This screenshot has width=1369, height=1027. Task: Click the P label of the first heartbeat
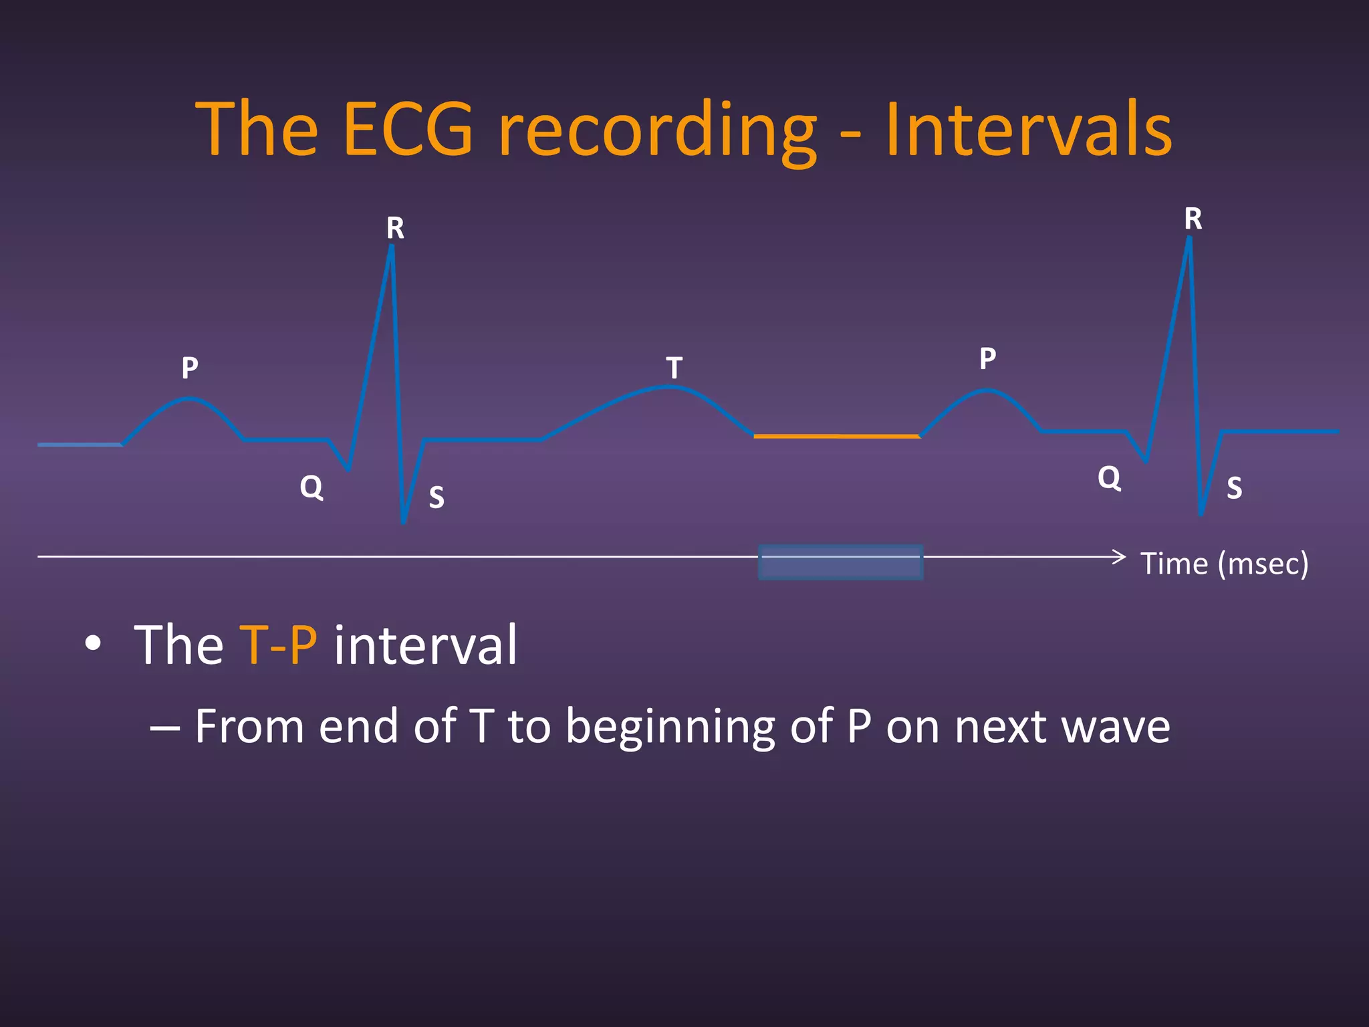pyautogui.click(x=190, y=368)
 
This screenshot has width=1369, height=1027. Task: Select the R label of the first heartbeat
pyautogui.click(x=395, y=229)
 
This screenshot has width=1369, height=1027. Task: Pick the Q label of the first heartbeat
pyautogui.click(x=312, y=487)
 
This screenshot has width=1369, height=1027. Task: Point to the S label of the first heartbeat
pyautogui.click(x=437, y=497)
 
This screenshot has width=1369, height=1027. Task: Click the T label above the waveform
pyautogui.click(x=674, y=368)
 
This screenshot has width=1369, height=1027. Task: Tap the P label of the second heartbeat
pyautogui.click(x=987, y=358)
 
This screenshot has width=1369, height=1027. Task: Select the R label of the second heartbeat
pyautogui.click(x=1193, y=219)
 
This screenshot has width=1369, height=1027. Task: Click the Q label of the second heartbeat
pyautogui.click(x=1109, y=478)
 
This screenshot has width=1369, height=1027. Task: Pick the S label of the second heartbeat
pyautogui.click(x=1234, y=488)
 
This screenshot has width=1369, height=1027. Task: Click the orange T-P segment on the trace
pyautogui.click(x=837, y=436)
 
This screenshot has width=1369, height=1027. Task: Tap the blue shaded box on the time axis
pyautogui.click(x=840, y=562)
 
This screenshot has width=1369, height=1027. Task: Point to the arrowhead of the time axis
pyautogui.click(x=1120, y=556)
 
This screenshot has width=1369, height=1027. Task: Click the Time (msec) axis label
pyautogui.click(x=1224, y=564)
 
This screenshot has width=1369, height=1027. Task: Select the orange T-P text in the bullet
pyautogui.click(x=278, y=645)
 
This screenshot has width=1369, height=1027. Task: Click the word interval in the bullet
pyautogui.click(x=425, y=645)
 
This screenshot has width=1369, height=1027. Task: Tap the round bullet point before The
pyautogui.click(x=94, y=643)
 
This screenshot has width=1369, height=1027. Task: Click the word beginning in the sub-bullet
pyautogui.click(x=670, y=727)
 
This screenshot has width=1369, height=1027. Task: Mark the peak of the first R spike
pyautogui.click(x=392, y=247)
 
